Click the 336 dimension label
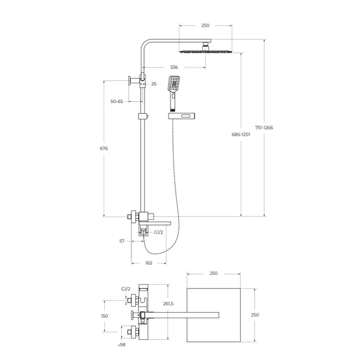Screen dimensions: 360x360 click(174, 68)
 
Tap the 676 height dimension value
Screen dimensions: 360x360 click(104, 148)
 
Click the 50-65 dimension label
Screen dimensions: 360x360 click(116, 101)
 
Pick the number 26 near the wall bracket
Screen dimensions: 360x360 click(153, 83)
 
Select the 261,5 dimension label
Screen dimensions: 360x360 click(168, 304)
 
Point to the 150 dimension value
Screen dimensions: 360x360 click(104, 316)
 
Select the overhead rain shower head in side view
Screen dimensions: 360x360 click(205, 50)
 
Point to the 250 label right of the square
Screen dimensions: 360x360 click(255, 315)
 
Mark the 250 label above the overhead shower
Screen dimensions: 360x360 click(205, 25)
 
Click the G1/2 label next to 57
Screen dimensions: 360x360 click(159, 232)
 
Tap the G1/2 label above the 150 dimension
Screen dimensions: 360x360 click(126, 289)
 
